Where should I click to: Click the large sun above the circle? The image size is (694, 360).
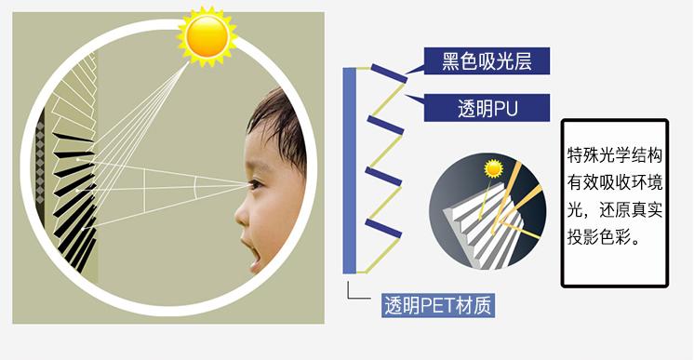(207, 36)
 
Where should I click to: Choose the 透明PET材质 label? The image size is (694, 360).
(437, 306)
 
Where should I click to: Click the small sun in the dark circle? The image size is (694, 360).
(492, 169)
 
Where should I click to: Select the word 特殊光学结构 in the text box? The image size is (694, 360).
(615, 153)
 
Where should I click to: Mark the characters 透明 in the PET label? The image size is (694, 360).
(402, 306)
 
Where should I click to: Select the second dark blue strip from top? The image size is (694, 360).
(383, 125)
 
